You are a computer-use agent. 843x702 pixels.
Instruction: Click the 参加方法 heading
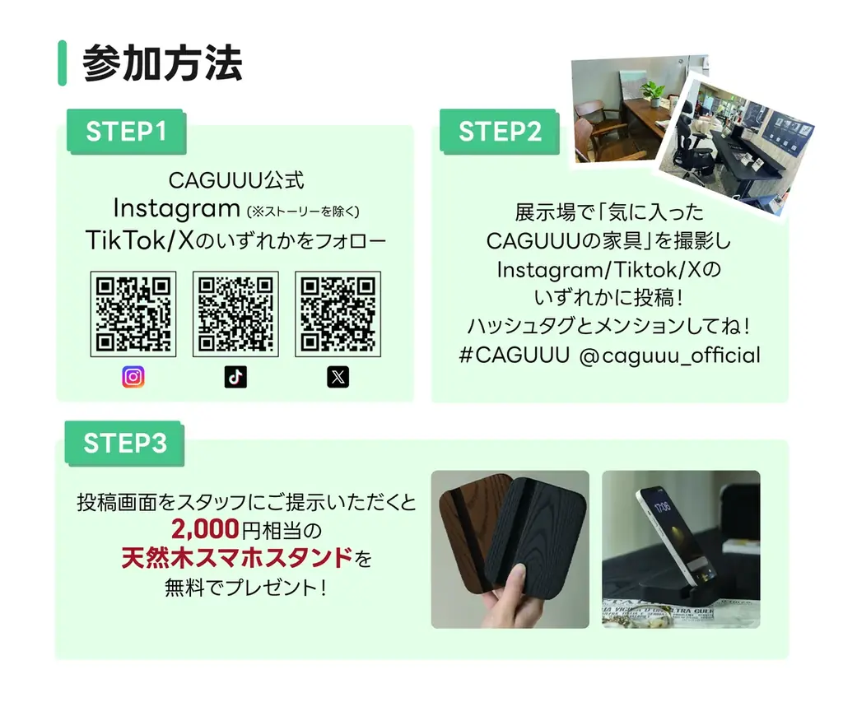point(162,64)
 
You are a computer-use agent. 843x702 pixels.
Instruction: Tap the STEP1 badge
point(126,132)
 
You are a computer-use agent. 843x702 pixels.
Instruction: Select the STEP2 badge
point(499,132)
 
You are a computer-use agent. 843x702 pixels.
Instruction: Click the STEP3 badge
point(125,444)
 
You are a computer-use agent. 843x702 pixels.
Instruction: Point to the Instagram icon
point(133,377)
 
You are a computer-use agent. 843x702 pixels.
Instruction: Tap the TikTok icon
point(235,377)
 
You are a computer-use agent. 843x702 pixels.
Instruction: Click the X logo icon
point(338,377)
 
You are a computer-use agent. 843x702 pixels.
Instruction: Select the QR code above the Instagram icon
point(133,314)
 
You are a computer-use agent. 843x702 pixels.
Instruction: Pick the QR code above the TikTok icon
point(235,314)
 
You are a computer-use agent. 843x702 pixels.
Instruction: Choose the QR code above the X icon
point(338,314)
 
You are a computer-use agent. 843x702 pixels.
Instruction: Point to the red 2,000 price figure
point(206,528)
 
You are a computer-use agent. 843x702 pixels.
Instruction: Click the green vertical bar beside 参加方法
point(62,63)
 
